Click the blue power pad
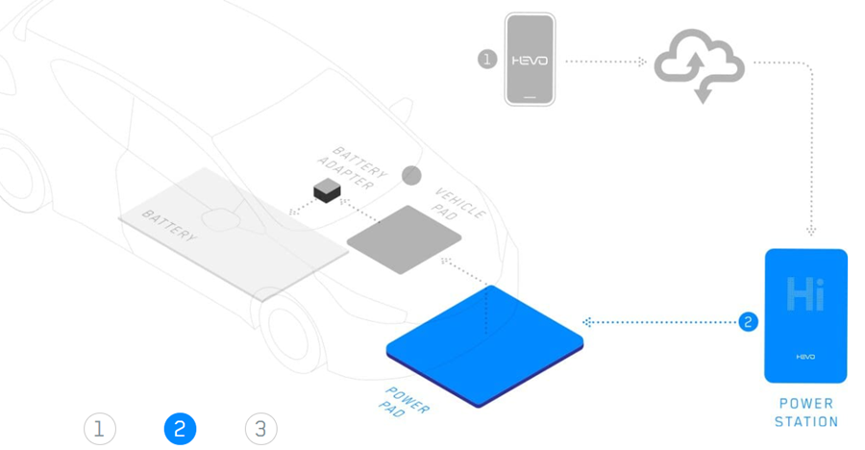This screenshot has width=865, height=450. point(485,341)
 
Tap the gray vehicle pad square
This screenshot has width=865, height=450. point(404,239)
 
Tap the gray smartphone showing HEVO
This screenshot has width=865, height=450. point(530,59)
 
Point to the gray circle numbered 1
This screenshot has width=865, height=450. point(487,59)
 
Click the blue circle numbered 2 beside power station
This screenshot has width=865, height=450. point(749,321)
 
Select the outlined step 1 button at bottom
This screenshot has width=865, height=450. point(99,429)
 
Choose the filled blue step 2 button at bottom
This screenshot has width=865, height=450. point(180,429)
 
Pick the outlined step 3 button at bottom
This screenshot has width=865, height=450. point(260,429)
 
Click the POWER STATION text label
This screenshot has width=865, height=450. point(806,412)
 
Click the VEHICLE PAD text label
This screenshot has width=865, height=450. point(460,202)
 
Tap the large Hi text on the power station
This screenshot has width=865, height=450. point(805,293)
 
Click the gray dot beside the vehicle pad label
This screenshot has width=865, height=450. point(411,175)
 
